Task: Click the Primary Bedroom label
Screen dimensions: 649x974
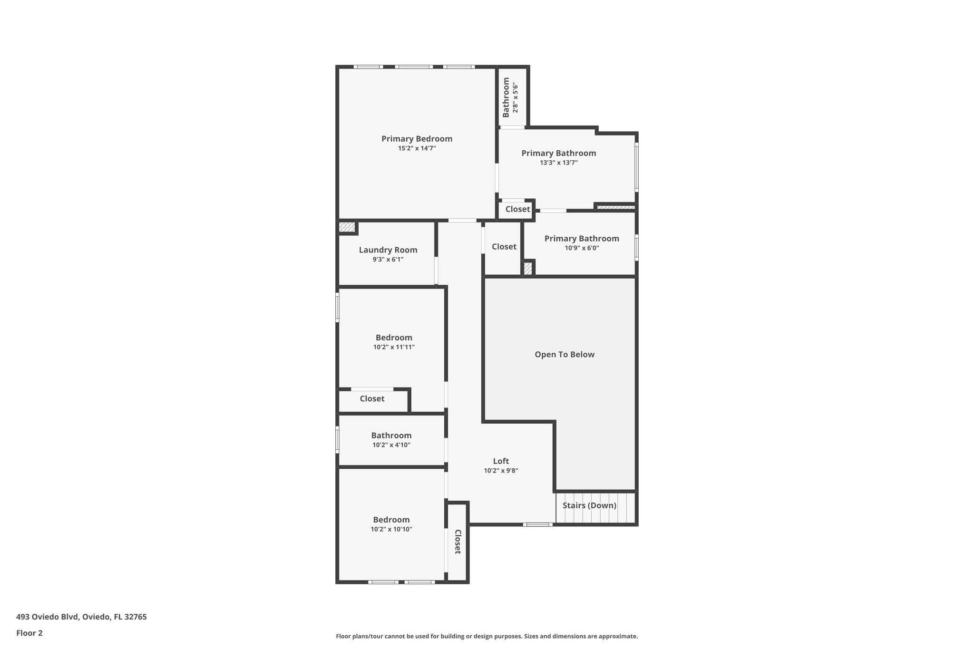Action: point(417,139)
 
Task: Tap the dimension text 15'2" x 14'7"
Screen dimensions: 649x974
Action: point(417,148)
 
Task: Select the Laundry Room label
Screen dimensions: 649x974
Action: point(388,250)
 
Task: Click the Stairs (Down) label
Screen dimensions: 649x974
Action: point(589,505)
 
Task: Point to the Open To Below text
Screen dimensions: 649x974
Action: point(565,354)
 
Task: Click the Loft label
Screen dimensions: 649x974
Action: point(501,461)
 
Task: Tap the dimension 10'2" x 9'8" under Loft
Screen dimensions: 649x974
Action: point(501,471)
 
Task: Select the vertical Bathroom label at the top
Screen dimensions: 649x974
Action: point(506,97)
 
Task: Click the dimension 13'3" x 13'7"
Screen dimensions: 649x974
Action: point(558,163)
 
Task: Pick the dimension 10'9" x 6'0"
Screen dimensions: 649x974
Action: point(582,248)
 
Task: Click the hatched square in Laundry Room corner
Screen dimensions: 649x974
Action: point(347,227)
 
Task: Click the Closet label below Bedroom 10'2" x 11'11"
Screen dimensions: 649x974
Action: point(372,398)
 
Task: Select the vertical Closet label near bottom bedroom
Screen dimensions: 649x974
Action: point(458,542)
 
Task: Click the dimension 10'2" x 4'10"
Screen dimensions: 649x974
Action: point(391,445)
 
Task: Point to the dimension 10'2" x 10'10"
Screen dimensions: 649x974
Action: point(391,529)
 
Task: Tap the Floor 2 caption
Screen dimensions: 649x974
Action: point(29,633)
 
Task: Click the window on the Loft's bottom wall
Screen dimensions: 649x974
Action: point(538,524)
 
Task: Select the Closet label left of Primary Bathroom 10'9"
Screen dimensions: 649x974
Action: point(504,246)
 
